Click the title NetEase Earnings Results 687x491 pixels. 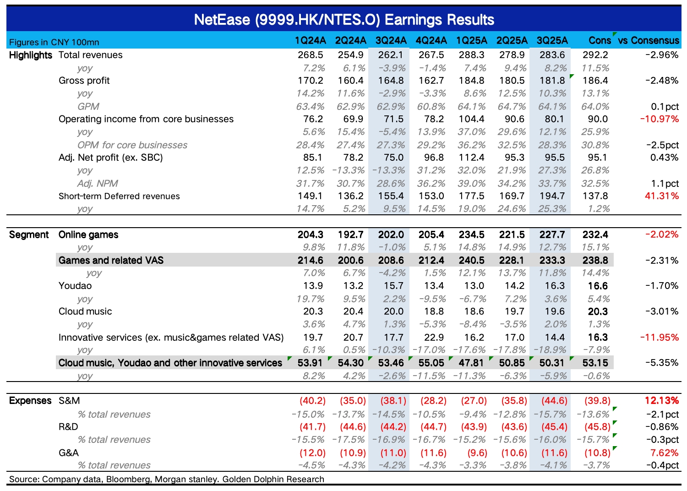pyautogui.click(x=344, y=20)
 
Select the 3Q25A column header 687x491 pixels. pyautogui.click(x=552, y=41)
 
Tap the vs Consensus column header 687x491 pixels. pyautogui.click(x=649, y=41)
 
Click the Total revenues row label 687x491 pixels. pyautogui.click(x=91, y=55)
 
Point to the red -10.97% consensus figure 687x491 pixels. pyautogui.click(x=660, y=119)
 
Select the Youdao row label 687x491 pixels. pyautogui.click(x=75, y=286)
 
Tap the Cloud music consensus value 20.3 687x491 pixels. pyautogui.click(x=598, y=311)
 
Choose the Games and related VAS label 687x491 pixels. pyautogui.click(x=111, y=260)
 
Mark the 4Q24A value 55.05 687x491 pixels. pyautogui.click(x=431, y=363)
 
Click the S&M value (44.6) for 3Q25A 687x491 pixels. pyautogui.click(x=554, y=401)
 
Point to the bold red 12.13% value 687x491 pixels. pyautogui.click(x=661, y=401)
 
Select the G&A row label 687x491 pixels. pyautogui.click(x=69, y=453)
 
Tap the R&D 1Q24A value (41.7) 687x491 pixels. pyautogui.click(x=312, y=427)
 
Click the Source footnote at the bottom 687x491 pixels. pyautogui.click(x=167, y=480)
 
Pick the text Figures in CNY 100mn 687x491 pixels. pyautogui.click(x=54, y=42)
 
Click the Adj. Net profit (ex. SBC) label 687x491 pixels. pyautogui.click(x=111, y=158)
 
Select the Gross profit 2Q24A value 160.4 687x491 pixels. pyautogui.click(x=350, y=81)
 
